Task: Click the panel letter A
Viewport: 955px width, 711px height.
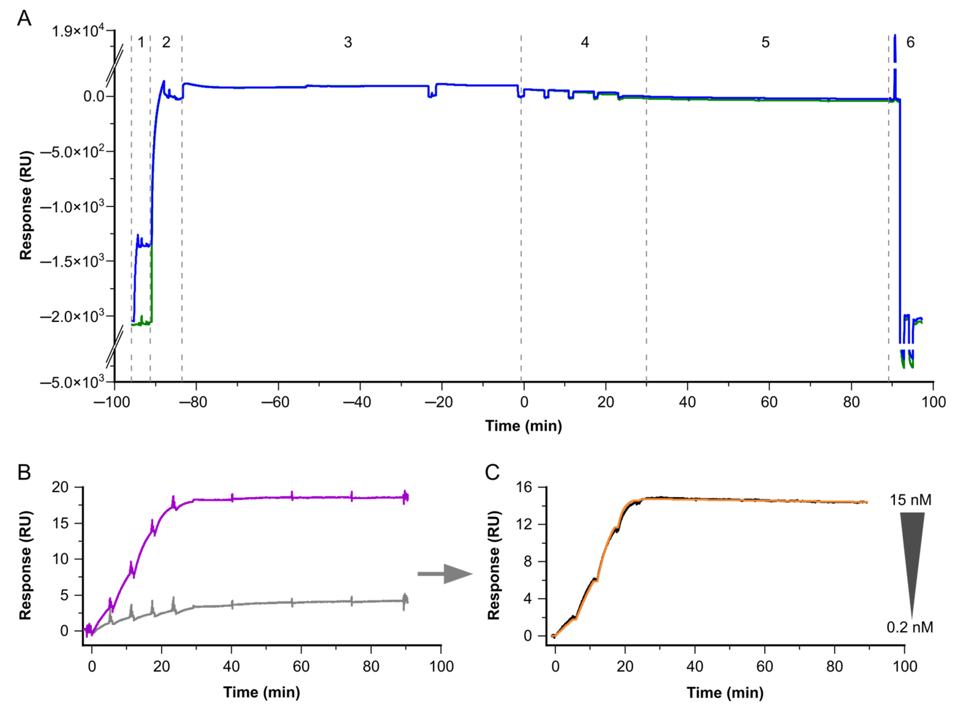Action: [24, 19]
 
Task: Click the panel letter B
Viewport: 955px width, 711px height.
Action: [24, 472]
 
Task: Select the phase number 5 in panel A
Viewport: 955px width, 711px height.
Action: [765, 42]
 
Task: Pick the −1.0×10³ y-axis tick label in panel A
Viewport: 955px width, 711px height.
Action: [72, 207]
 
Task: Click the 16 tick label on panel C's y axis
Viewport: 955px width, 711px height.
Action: [524, 487]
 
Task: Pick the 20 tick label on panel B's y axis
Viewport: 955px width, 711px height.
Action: [60, 487]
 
